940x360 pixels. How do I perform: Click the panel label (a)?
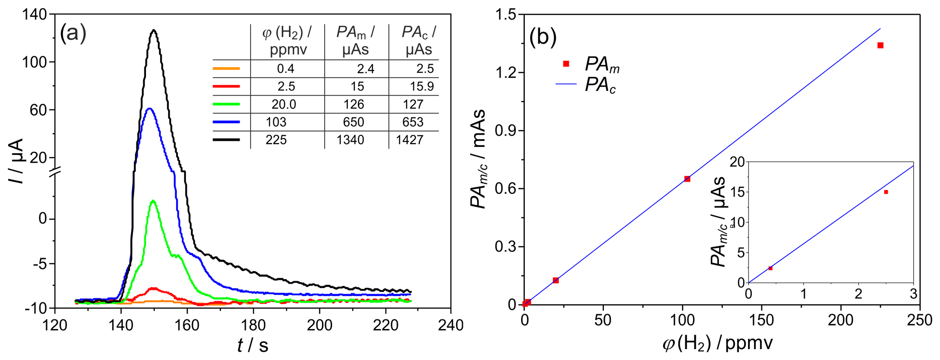pos(73,34)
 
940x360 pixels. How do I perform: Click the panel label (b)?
pos(543,37)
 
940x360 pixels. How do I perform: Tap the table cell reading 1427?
pos(410,140)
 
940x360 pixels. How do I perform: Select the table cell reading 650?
pos(354,122)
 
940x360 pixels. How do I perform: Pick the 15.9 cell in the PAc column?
pos(422,86)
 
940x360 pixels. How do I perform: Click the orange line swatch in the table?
pos(226,69)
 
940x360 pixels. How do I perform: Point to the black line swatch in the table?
pos(226,140)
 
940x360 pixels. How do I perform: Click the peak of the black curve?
pos(154,30)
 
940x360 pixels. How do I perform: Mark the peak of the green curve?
pos(153,200)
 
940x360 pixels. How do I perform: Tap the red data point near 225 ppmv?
pos(880,45)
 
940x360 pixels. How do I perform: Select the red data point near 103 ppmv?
pos(687,179)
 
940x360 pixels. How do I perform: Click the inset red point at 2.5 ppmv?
pos(886,192)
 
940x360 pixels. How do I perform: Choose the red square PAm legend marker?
pos(566,64)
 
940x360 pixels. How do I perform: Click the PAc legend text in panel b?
pos(600,85)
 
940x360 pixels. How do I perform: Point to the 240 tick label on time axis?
pos(451,325)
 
